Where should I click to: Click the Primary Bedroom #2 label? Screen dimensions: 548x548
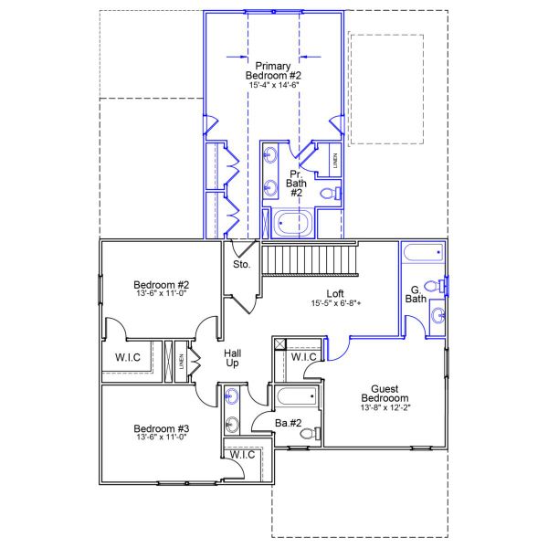[x=273, y=69]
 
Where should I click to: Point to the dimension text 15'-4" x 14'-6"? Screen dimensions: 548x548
[x=273, y=84]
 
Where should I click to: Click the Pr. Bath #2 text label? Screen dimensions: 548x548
[x=296, y=183]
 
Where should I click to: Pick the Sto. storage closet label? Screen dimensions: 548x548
[x=242, y=265]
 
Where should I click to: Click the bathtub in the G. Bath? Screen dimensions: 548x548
[x=422, y=253]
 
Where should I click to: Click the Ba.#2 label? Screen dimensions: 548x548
[x=289, y=422]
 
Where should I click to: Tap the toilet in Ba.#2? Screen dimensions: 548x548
[x=308, y=433]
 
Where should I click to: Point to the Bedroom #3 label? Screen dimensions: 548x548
[x=161, y=428]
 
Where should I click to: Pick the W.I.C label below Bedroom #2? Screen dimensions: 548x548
[x=128, y=356]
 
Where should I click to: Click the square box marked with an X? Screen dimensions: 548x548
[x=279, y=344]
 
